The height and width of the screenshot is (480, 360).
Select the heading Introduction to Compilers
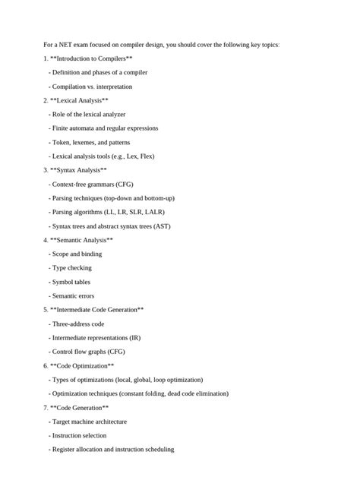[91, 58]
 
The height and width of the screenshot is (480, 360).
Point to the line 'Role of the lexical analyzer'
[90, 114]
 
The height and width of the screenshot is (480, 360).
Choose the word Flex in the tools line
[144, 156]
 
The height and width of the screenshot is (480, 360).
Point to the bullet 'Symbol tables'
[71, 282]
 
